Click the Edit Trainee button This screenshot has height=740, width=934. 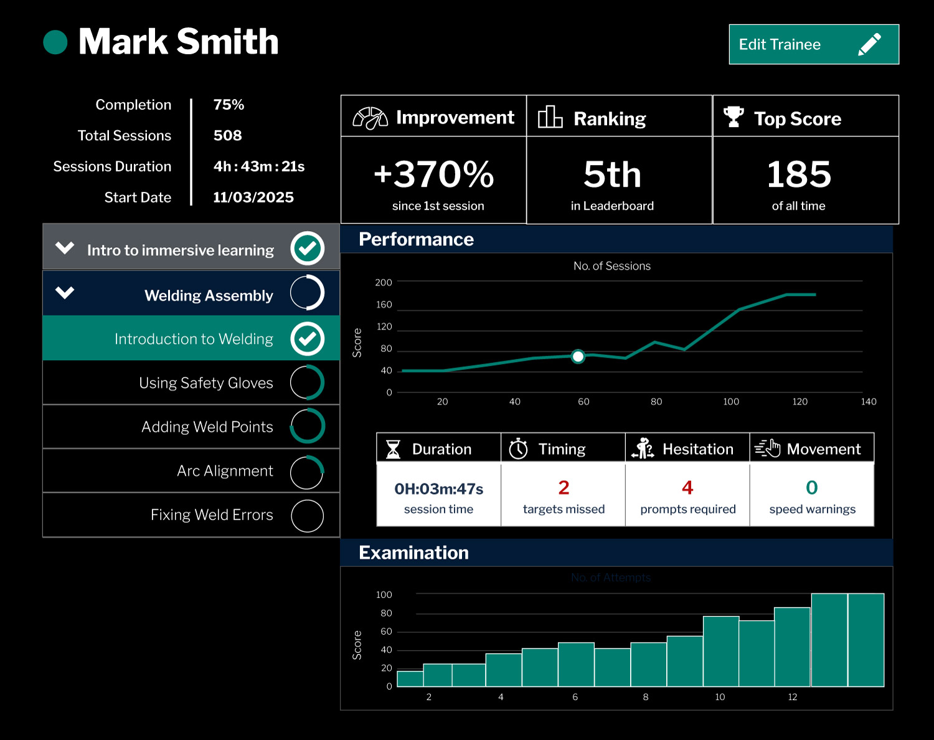point(813,44)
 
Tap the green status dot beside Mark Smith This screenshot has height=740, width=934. point(55,42)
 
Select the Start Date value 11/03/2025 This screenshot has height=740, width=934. point(253,197)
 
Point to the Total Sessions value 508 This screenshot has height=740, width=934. point(227,136)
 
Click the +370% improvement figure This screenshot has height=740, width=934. point(433,174)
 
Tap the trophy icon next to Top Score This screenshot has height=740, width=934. point(734,116)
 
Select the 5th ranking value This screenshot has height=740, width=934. point(612,174)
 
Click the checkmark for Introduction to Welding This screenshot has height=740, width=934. point(307,339)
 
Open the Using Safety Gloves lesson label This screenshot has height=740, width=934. point(205,383)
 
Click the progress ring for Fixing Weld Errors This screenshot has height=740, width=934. point(307,516)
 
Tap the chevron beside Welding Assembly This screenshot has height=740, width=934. point(65,293)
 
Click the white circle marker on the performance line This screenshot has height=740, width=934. point(578,356)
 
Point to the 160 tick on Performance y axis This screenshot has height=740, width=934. point(384,305)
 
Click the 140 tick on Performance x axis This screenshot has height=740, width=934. point(868,402)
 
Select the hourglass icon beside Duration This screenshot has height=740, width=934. point(393,449)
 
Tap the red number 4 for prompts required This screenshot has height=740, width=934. point(687,488)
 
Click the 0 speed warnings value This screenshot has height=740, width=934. point(811,488)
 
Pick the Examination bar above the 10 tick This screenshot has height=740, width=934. point(720,651)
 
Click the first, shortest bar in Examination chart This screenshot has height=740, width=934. point(410,678)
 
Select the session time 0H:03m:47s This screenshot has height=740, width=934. point(438,489)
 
